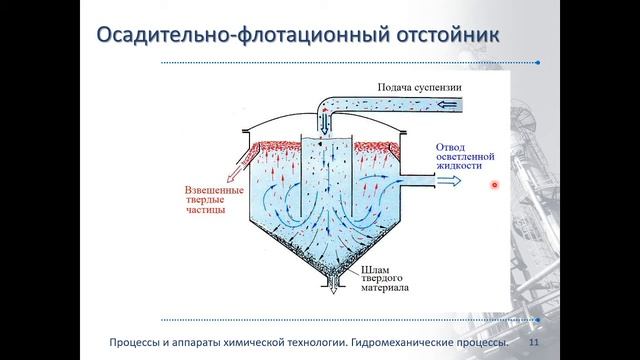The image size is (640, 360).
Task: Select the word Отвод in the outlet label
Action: tap(450, 148)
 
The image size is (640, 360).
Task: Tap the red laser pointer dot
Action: tap(494, 183)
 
